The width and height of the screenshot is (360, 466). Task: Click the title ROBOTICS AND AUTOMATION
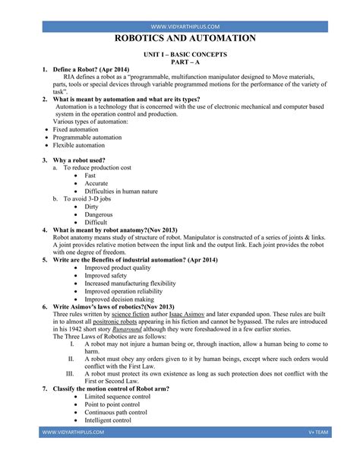coord(185,39)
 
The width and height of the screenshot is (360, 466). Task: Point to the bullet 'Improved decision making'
coord(122,299)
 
